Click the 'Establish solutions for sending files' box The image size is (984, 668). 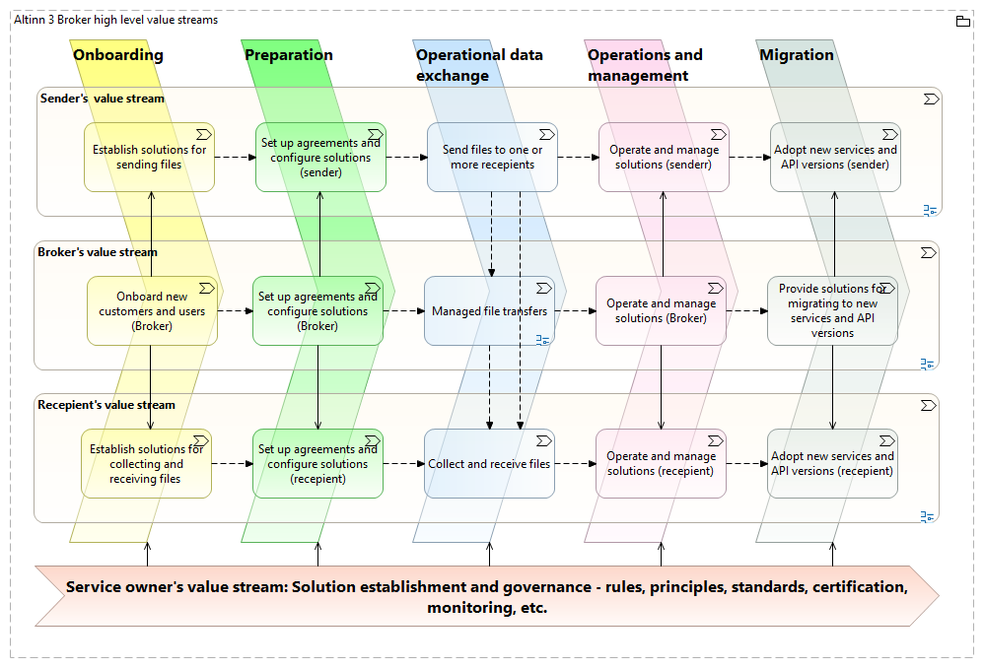149,158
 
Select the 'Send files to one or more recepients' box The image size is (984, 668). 492,158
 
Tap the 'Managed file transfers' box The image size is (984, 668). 489,311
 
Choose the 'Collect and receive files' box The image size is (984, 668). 489,463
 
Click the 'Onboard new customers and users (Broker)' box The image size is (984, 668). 151,311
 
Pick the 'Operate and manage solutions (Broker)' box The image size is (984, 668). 661,311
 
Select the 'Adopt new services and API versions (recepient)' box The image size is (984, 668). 832,463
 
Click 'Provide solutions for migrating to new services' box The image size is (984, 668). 832,311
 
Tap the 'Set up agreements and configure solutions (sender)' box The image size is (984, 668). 320,158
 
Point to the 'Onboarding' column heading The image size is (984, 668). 118,55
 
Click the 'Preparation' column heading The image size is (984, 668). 289,55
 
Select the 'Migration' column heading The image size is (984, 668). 797,55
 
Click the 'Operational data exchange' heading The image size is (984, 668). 479,65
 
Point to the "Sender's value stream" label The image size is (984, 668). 103,99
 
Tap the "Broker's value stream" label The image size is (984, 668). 98,252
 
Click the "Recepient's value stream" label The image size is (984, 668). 106,405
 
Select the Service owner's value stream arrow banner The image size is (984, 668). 487,596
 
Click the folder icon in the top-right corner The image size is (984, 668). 962,21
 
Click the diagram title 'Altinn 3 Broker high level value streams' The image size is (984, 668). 116,20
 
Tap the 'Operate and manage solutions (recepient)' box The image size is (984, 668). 661,463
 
